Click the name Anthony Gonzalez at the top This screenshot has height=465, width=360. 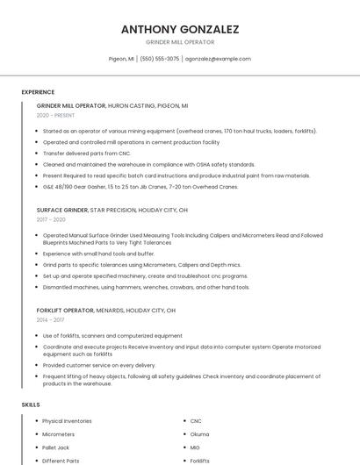point(180,29)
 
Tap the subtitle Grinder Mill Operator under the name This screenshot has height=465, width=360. point(180,42)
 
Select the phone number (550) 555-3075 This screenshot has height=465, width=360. point(160,59)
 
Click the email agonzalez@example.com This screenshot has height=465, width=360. point(218,59)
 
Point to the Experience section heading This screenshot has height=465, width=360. point(38,92)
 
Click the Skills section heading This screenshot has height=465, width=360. point(30,404)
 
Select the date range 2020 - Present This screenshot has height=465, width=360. point(55,115)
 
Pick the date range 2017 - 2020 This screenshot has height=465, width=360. point(51,219)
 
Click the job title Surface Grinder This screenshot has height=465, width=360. point(61,211)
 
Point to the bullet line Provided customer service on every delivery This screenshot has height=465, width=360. point(98,365)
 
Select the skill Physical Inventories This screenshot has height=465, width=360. point(67,421)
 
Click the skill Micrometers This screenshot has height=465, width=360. point(59,434)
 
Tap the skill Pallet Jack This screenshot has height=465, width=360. point(57,447)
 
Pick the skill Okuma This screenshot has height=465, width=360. point(199,434)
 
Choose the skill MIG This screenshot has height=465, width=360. point(195,447)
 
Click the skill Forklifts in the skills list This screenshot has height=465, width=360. point(200,461)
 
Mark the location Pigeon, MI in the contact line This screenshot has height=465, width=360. point(121,59)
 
